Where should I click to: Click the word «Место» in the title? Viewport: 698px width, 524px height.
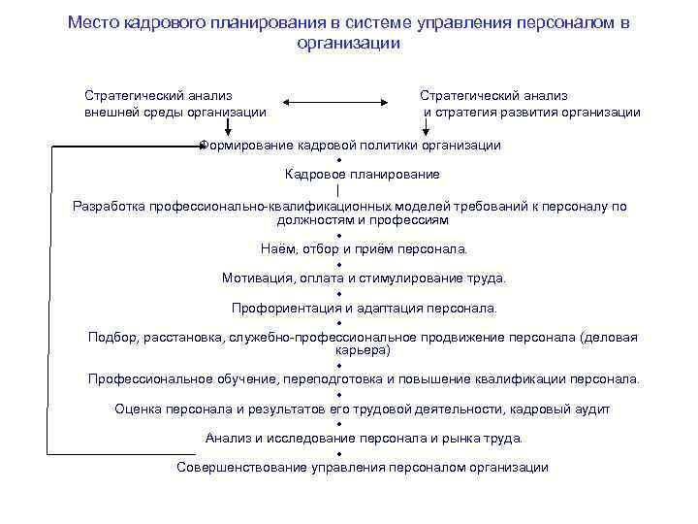[94, 22]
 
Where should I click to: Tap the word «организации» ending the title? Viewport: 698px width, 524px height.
[349, 44]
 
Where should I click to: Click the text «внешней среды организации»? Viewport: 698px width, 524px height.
[175, 112]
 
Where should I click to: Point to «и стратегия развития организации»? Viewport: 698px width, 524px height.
[532, 112]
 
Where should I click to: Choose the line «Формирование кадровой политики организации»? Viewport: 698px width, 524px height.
[350, 145]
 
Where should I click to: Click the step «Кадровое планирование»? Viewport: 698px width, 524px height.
[363, 175]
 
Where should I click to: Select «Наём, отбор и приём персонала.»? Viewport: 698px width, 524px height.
[364, 249]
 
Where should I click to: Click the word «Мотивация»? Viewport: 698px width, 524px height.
[256, 278]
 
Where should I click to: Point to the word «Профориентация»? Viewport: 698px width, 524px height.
[282, 309]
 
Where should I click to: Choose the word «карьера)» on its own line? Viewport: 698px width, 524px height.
[363, 349]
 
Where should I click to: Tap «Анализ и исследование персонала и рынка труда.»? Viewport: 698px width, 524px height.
[364, 438]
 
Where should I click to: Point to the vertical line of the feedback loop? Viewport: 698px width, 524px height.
[51, 300]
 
